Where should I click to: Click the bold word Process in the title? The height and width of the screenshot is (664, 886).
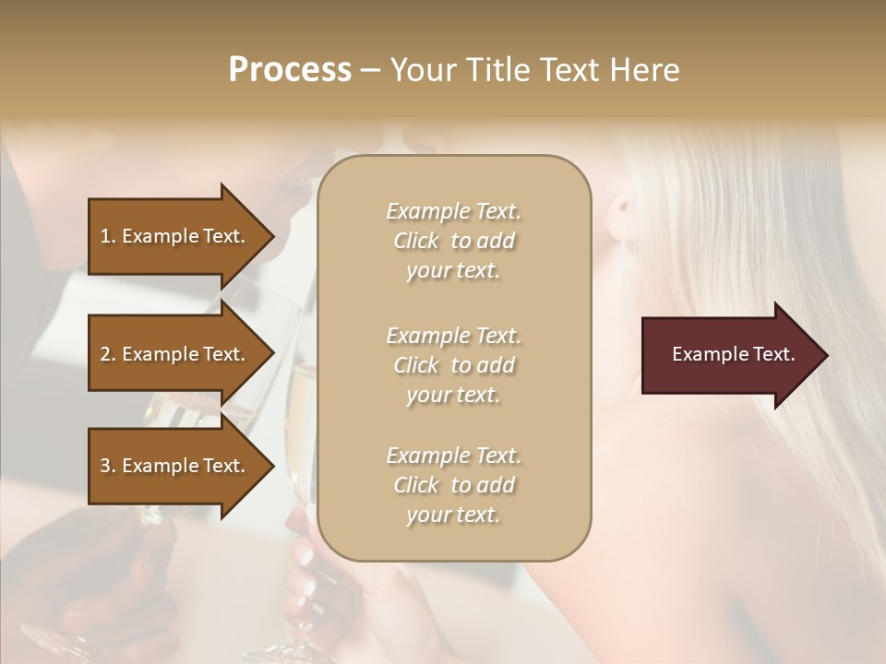coord(290,70)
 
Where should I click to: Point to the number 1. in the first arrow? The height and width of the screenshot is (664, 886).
coord(108,236)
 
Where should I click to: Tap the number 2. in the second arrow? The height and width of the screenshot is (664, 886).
coord(108,354)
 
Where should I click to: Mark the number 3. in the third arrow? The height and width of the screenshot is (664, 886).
coord(108,466)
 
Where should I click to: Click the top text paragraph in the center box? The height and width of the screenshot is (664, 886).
coord(453,241)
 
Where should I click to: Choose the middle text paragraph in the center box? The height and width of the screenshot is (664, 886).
coord(453,365)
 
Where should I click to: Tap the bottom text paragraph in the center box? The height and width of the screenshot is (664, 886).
coord(453,485)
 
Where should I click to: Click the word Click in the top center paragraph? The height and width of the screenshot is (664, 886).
coord(416,242)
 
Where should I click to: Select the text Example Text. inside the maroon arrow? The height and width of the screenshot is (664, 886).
coord(733,354)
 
